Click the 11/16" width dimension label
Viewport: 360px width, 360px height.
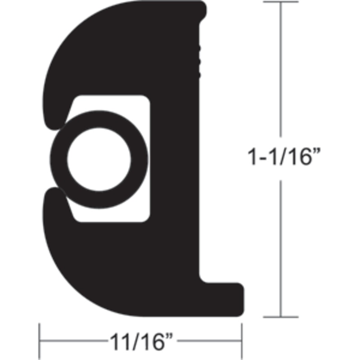click(x=141, y=342)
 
